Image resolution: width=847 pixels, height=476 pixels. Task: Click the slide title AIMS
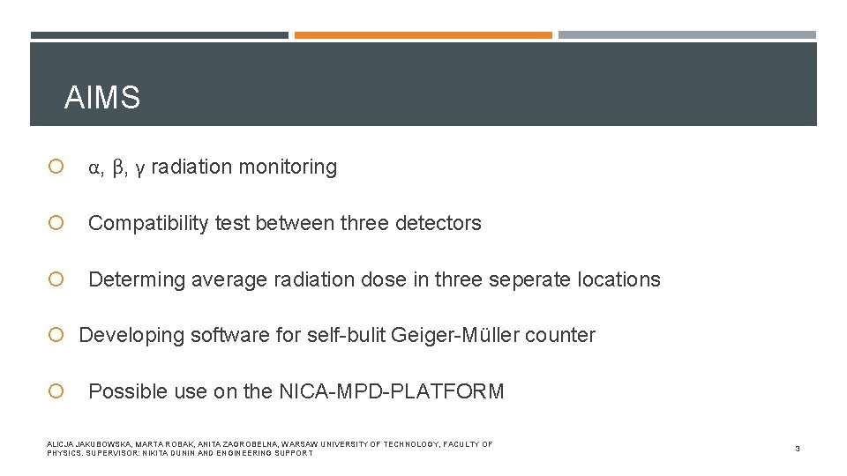pos(102,98)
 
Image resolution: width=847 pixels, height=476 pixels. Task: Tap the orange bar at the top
pos(423,35)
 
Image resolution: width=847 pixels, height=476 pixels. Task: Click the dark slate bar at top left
pos(159,35)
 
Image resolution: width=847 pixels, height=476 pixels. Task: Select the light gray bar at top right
pos(686,35)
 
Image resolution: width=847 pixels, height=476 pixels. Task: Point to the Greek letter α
pos(94,167)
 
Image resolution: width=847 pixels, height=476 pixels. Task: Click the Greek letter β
pos(119,167)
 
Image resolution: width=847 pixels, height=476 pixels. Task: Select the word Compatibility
pos(147,224)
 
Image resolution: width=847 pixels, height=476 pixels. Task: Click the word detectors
pos(439,224)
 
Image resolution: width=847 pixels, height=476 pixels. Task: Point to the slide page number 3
pos(797,449)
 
